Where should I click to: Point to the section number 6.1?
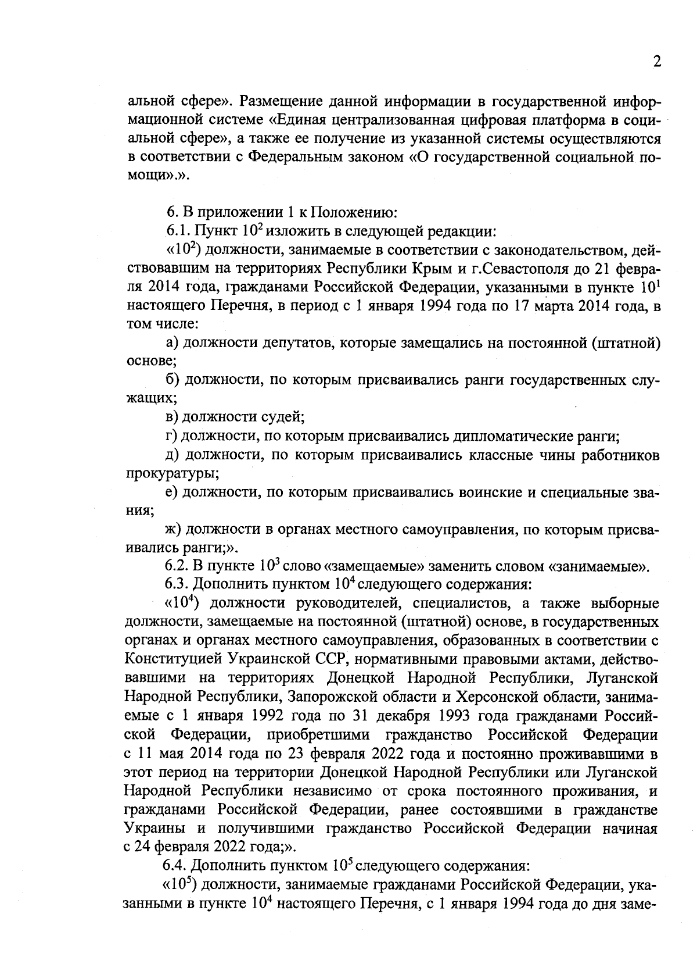[178, 231]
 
